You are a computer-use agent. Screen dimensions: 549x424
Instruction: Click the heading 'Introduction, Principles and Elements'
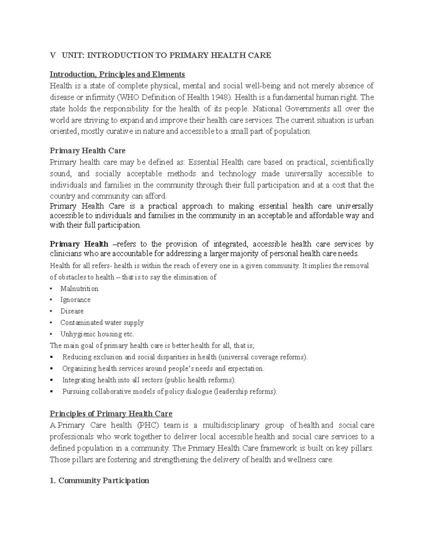[x=117, y=74]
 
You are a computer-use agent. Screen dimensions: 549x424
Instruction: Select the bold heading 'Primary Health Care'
[x=88, y=151]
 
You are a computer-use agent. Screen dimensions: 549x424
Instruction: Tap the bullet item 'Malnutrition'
[x=79, y=288]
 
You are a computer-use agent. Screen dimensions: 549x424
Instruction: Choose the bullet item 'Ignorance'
[x=75, y=300]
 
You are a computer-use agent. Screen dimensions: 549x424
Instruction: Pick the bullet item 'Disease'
[x=72, y=311]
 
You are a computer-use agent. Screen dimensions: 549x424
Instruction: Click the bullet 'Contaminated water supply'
[x=102, y=322]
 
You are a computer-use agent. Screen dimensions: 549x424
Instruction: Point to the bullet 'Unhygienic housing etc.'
[x=97, y=334]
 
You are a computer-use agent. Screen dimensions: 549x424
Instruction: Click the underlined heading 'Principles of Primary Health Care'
[x=111, y=414]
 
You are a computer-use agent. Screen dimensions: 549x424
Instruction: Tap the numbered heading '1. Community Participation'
[x=99, y=480]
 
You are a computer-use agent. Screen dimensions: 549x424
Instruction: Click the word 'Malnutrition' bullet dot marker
[x=52, y=289]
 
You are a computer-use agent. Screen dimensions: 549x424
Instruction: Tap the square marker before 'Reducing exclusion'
[x=52, y=357]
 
